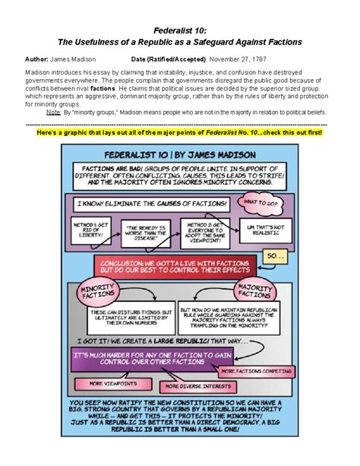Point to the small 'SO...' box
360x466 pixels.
pyautogui.click(x=273, y=257)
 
